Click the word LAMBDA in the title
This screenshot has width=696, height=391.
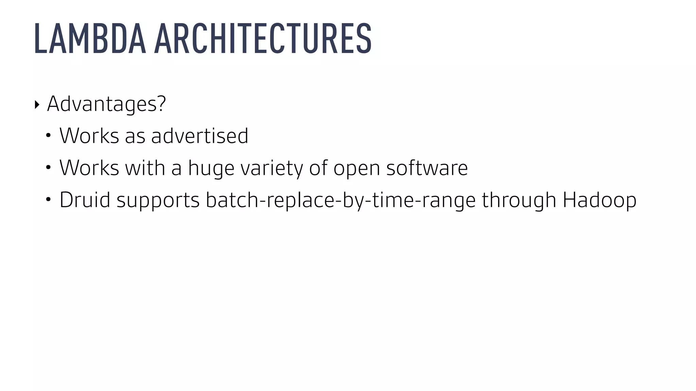pyautogui.click(x=90, y=38)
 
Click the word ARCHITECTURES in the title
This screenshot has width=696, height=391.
pyautogui.click(x=263, y=38)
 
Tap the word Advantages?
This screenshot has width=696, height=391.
pyautogui.click(x=106, y=104)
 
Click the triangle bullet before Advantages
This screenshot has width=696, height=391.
pyautogui.click(x=37, y=105)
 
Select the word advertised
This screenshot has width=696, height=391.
pyautogui.click(x=199, y=136)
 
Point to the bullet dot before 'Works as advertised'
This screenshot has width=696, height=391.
pyautogui.click(x=48, y=135)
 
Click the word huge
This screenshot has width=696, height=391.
pyautogui.click(x=211, y=168)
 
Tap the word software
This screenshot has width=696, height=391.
pyautogui.click(x=427, y=168)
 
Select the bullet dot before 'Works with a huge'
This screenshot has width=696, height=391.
pyautogui.click(x=48, y=167)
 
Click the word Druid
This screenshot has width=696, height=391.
pyautogui.click(x=85, y=200)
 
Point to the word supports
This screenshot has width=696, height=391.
pyautogui.click(x=158, y=201)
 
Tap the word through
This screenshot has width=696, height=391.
pyautogui.click(x=519, y=200)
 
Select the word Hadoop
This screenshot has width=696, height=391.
pyautogui.click(x=599, y=200)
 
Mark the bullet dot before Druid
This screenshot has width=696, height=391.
pyautogui.click(x=48, y=200)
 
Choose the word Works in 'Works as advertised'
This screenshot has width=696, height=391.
pyautogui.click(x=89, y=136)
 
